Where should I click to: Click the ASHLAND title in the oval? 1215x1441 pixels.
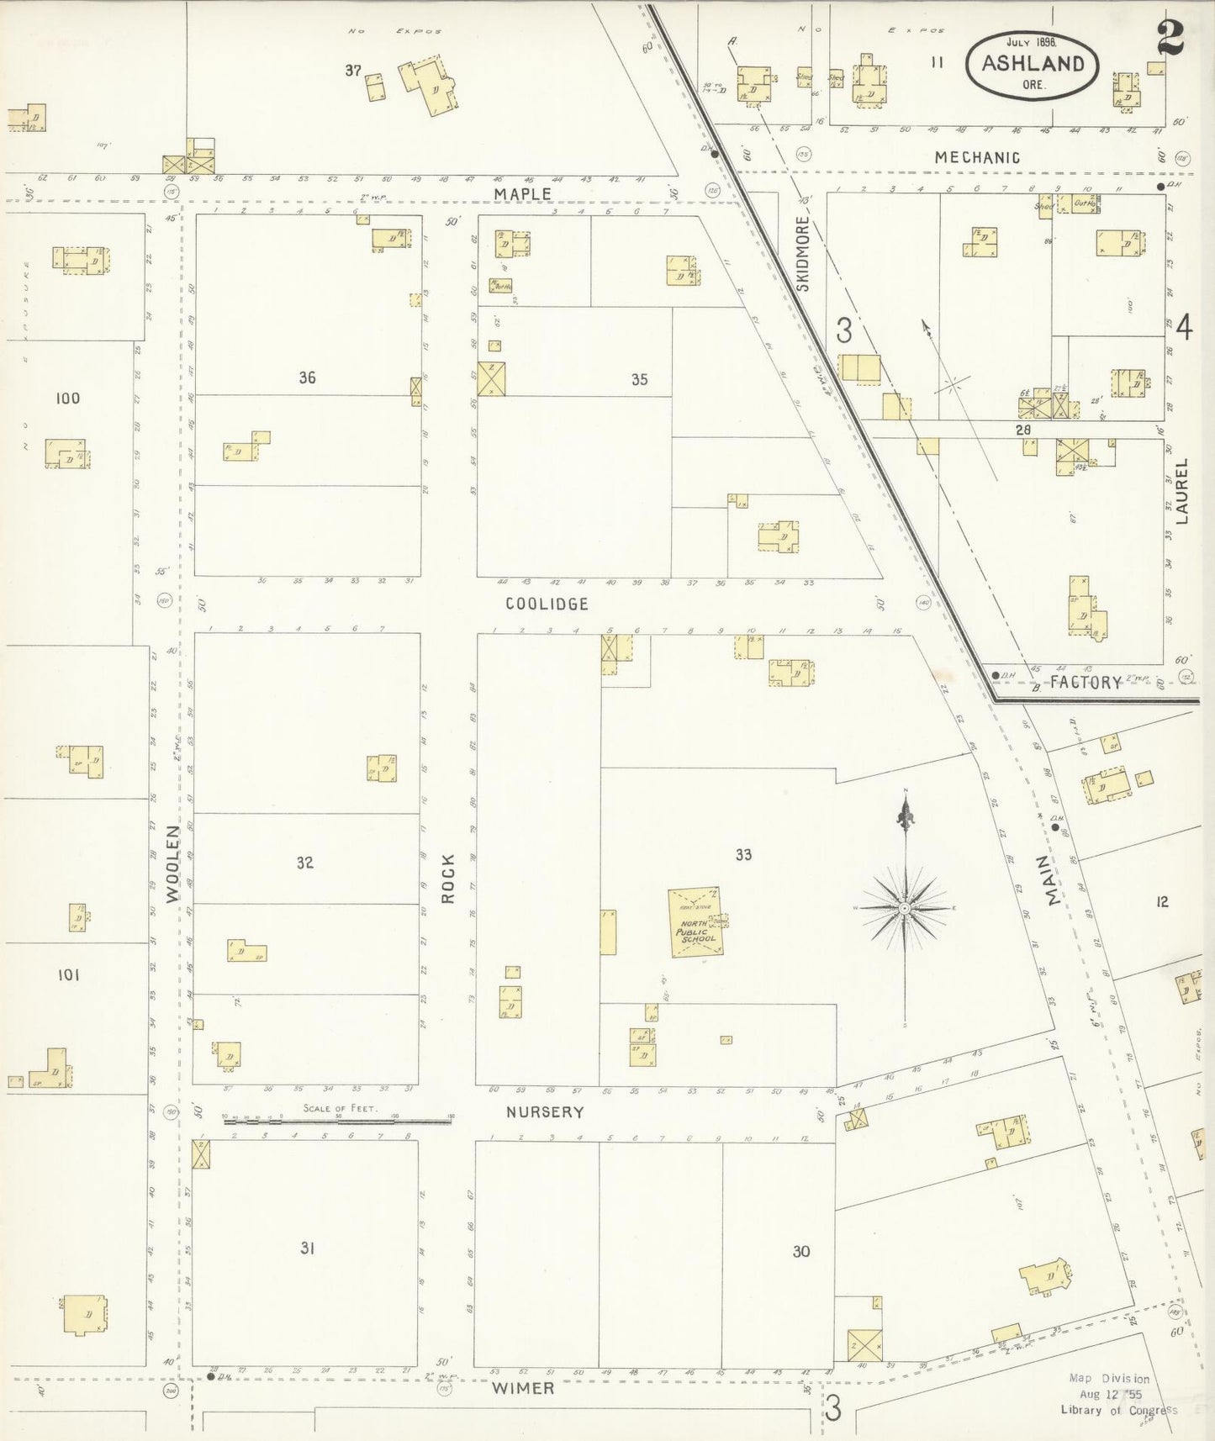pyautogui.click(x=1033, y=64)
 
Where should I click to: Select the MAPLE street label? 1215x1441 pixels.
pyautogui.click(x=522, y=194)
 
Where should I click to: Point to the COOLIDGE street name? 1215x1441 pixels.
pyautogui.click(x=547, y=604)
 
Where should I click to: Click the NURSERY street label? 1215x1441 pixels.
pyautogui.click(x=544, y=1112)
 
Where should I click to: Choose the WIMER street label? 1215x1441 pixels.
pyautogui.click(x=522, y=1388)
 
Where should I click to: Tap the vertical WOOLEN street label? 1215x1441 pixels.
pyautogui.click(x=173, y=864)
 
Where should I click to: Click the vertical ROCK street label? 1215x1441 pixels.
pyautogui.click(x=448, y=879)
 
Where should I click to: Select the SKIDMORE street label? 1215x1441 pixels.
pyautogui.click(x=802, y=253)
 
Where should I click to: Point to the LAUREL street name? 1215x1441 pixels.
pyautogui.click(x=1182, y=491)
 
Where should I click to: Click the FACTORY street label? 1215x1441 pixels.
pyautogui.click(x=1086, y=683)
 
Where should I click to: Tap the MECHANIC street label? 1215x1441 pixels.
pyautogui.click(x=977, y=157)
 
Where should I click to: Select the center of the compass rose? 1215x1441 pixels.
pyautogui.click(x=904, y=908)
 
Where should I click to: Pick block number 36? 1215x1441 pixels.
pyautogui.click(x=307, y=378)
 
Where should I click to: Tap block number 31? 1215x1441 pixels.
pyautogui.click(x=307, y=1248)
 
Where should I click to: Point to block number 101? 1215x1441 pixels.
pyautogui.click(x=68, y=975)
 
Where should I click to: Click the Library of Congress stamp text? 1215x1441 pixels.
pyautogui.click(x=1118, y=1410)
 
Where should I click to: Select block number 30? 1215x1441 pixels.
pyautogui.click(x=800, y=1252)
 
